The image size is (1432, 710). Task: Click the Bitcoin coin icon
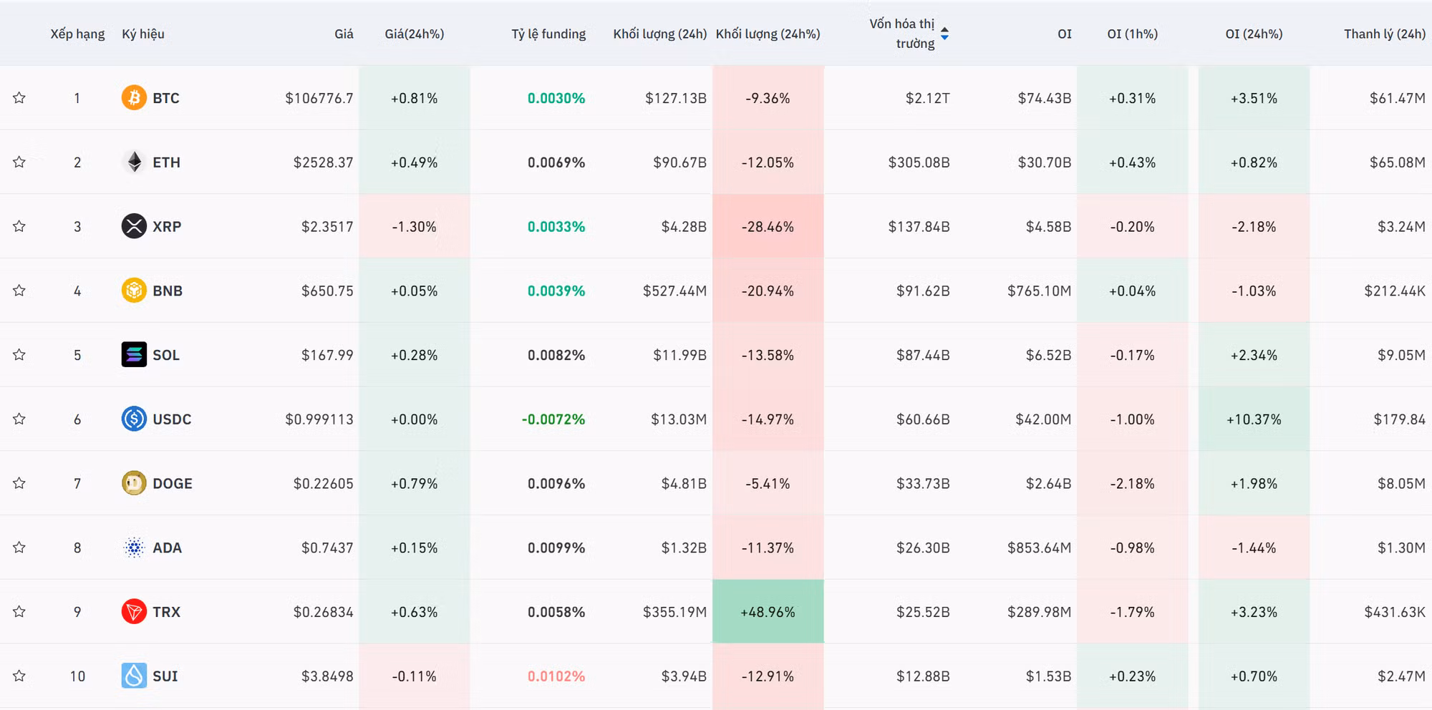134,97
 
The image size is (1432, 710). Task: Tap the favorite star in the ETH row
19,162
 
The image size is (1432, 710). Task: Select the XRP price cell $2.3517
327,227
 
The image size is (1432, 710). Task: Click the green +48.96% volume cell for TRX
768,612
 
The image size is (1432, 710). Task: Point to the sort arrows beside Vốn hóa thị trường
944,34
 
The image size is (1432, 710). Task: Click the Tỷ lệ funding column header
548,34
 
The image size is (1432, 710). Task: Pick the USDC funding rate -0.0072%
553,419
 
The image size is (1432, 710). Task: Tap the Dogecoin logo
134,484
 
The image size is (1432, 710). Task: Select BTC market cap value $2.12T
927,98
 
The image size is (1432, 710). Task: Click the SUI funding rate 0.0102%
556,676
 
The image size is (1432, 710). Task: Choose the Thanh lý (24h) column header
1384,34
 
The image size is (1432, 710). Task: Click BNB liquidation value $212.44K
1394,291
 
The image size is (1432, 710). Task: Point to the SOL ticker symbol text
166,355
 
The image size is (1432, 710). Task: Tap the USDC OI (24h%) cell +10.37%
1254,419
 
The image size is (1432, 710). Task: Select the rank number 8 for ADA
77,548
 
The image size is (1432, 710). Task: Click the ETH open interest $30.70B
1044,162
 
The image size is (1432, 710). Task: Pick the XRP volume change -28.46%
768,227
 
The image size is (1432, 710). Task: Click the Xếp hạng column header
77,34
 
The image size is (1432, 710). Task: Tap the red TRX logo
134,612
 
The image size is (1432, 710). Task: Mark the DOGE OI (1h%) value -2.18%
1132,484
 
